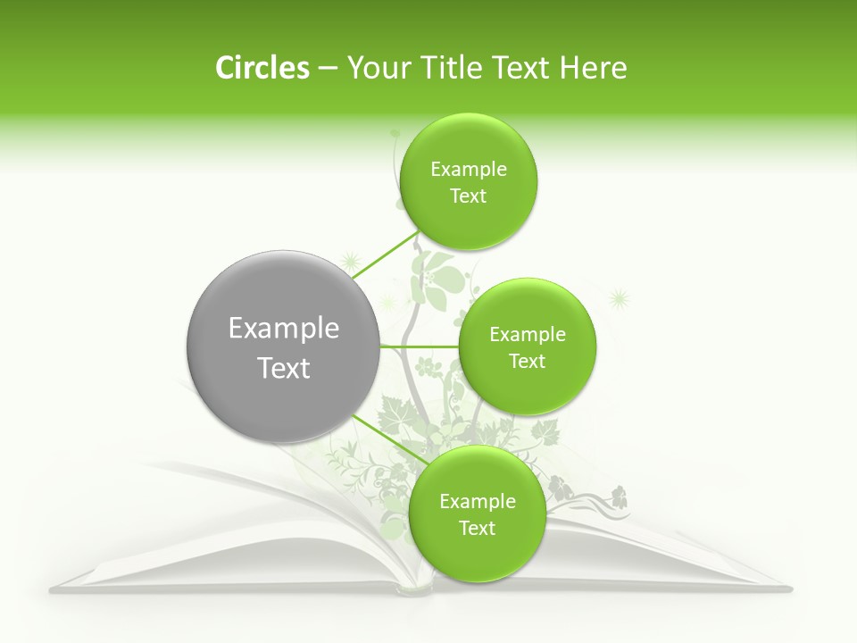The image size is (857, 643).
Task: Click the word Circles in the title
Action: click(262, 68)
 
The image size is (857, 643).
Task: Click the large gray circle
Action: click(282, 347)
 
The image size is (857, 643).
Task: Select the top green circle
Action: click(468, 182)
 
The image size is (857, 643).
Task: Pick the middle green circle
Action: click(527, 347)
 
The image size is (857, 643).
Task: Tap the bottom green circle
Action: click(477, 514)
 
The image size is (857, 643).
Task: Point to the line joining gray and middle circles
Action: click(418, 346)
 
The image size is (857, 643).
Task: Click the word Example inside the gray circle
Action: click(284, 329)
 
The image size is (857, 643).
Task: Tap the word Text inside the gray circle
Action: click(284, 368)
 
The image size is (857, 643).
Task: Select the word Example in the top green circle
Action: click(469, 169)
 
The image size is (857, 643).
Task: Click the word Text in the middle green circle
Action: click(527, 361)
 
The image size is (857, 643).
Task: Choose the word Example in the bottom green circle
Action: click(478, 501)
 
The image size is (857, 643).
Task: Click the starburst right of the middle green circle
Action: click(618, 297)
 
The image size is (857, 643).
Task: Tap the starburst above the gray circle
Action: click(350, 262)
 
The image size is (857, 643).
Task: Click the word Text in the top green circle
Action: click(468, 196)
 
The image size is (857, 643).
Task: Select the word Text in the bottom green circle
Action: click(477, 528)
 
